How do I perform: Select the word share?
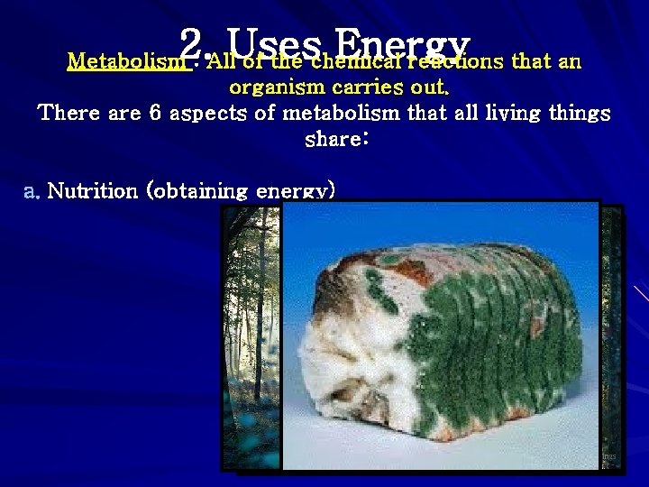[335, 141]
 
